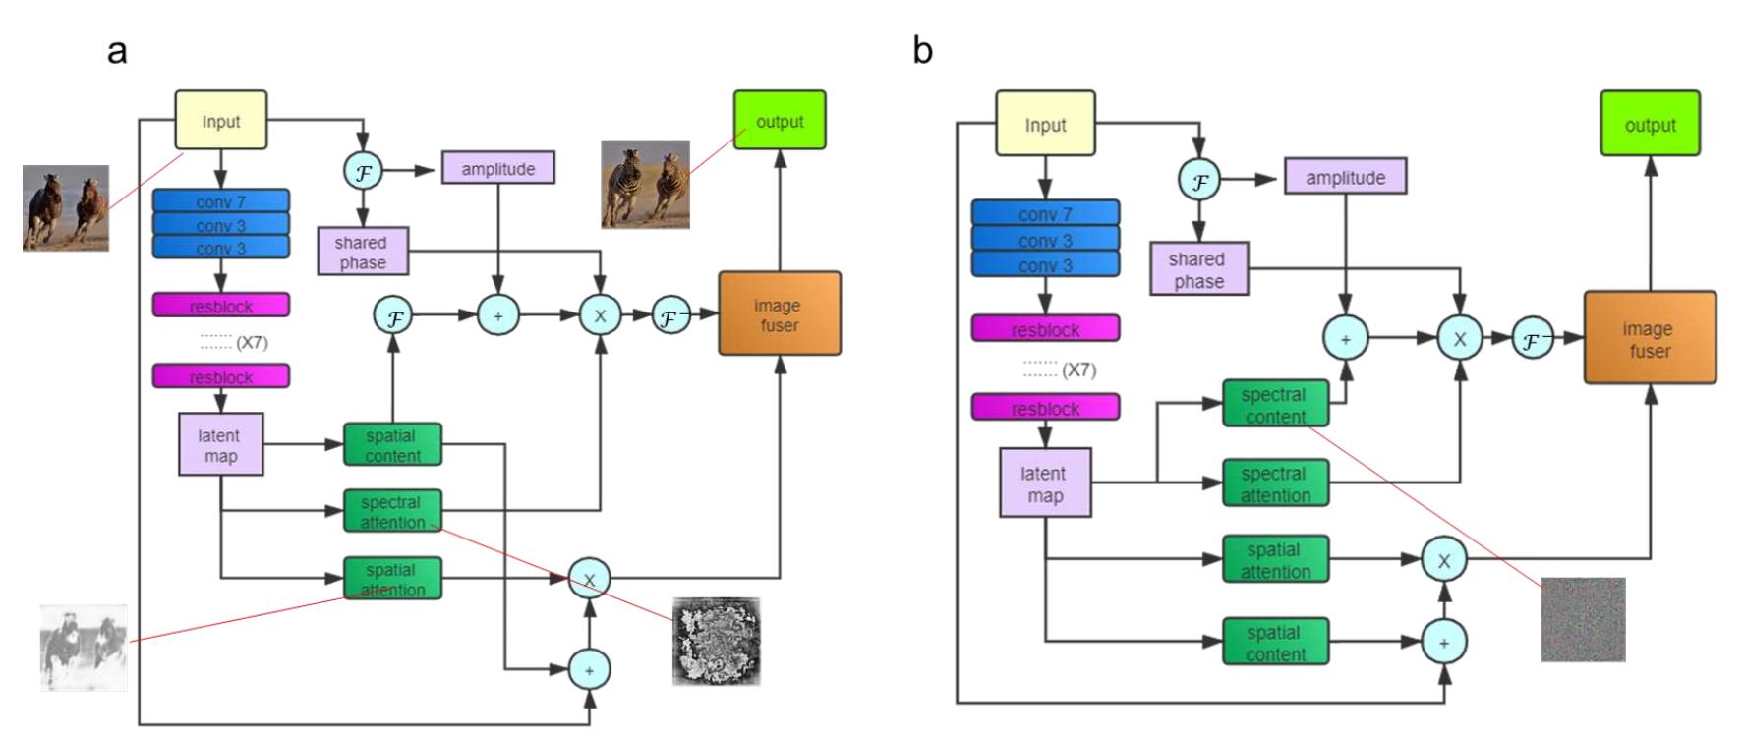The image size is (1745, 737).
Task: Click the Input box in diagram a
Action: [x=220, y=121]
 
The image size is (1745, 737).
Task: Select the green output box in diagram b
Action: [x=1650, y=124]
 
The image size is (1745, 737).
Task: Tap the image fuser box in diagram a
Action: [x=780, y=313]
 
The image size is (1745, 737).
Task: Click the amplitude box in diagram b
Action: [x=1345, y=177]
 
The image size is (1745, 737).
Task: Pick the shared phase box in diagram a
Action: [x=362, y=252]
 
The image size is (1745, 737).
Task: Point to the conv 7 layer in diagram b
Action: [x=1045, y=213]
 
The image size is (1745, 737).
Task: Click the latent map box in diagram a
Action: [x=220, y=444]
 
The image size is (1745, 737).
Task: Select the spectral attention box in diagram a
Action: [x=392, y=511]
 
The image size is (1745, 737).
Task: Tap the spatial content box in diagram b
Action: [x=1275, y=642]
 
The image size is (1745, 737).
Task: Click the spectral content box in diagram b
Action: [x=1275, y=404]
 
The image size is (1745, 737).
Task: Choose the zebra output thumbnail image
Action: [x=645, y=184]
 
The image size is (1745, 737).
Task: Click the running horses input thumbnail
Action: [x=66, y=207]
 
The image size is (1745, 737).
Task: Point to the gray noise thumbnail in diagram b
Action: [x=1582, y=619]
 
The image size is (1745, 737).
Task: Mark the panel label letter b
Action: [x=921, y=50]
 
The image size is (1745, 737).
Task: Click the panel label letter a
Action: [x=117, y=50]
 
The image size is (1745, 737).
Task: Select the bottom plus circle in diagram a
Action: [x=589, y=670]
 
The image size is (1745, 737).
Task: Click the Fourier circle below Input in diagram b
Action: [x=1199, y=181]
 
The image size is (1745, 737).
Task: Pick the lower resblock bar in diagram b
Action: [x=1045, y=407]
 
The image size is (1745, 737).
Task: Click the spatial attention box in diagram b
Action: [x=1275, y=559]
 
